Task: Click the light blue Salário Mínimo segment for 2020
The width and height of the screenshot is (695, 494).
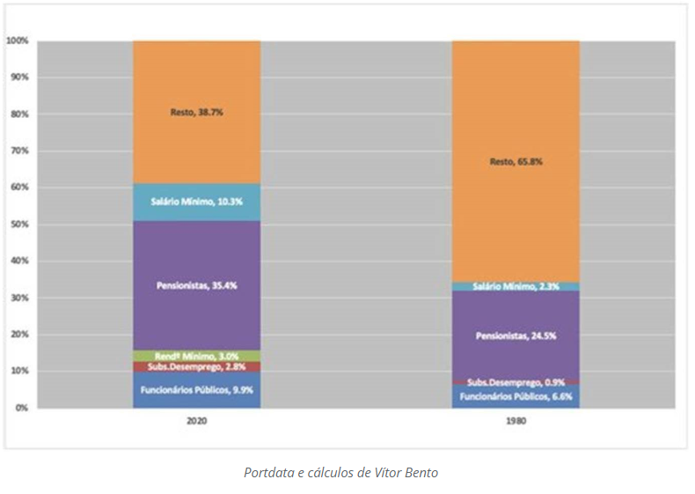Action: click(196, 202)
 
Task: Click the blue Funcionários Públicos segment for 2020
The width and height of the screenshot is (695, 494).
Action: click(196, 389)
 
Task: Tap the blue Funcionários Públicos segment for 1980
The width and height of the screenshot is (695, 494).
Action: click(516, 396)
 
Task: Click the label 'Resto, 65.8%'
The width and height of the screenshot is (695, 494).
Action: click(516, 161)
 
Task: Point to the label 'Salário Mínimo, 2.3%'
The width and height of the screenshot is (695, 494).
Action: click(516, 286)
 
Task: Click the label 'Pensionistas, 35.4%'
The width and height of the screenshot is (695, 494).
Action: click(196, 285)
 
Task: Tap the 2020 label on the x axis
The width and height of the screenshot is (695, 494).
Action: click(196, 421)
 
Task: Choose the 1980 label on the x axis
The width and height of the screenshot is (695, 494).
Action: click(516, 421)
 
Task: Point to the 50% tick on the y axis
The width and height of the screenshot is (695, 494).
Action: click(19, 225)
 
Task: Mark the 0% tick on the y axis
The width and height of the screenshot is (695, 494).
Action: click(21, 408)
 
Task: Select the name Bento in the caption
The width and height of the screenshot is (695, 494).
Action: click(420, 473)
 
